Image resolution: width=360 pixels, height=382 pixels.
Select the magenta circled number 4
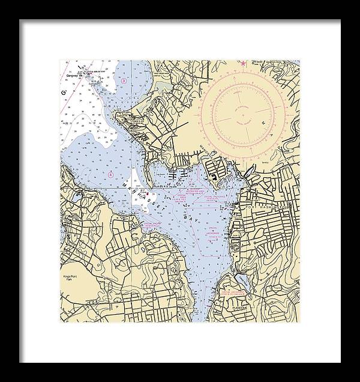coord(111,174)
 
